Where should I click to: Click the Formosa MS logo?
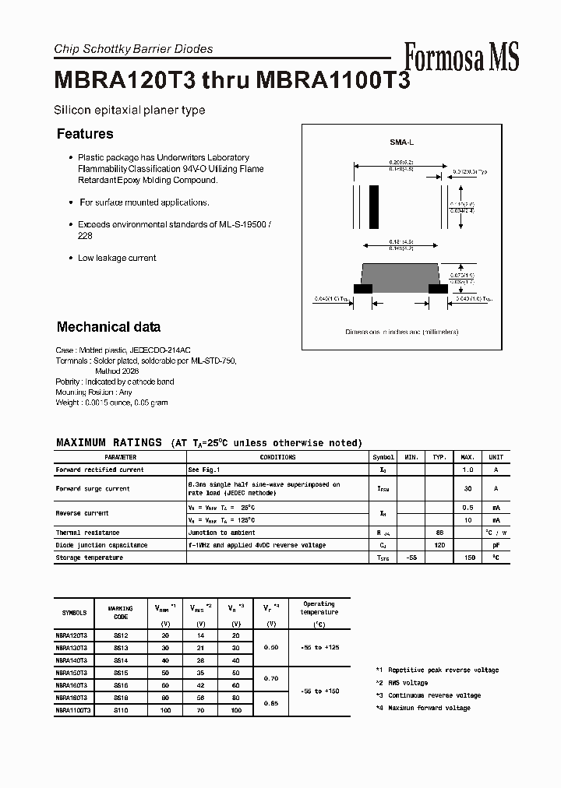click(x=461, y=57)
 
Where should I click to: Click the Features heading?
click(x=85, y=134)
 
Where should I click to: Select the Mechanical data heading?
click(x=108, y=327)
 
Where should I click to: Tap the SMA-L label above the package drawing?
click(x=401, y=142)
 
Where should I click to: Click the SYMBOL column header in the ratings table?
click(x=383, y=458)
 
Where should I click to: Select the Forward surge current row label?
click(x=93, y=489)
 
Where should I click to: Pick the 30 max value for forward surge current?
click(x=468, y=489)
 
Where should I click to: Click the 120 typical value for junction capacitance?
click(x=439, y=545)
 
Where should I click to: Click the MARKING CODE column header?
click(x=121, y=613)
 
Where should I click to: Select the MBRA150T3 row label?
click(x=72, y=672)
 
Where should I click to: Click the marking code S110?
click(x=121, y=710)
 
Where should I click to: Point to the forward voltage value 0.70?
click(x=271, y=678)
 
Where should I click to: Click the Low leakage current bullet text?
click(x=117, y=258)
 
